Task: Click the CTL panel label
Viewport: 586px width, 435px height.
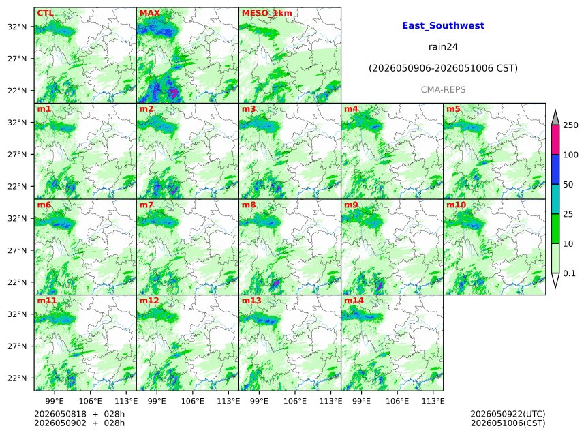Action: (x=45, y=13)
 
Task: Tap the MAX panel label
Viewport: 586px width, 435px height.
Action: (x=149, y=13)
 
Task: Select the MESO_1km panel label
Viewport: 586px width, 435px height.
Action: (x=267, y=13)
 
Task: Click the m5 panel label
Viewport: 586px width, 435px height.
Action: (x=453, y=109)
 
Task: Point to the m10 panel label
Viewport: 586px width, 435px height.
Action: (x=456, y=205)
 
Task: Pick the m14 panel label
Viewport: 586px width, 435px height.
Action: (x=354, y=301)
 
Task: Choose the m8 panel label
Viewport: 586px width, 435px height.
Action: (x=249, y=205)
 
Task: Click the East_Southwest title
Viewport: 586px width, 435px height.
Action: (x=443, y=25)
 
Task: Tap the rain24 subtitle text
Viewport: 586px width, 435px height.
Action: (x=443, y=47)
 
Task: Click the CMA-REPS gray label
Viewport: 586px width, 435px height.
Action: (x=443, y=90)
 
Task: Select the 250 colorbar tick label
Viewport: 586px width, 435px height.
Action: (x=571, y=125)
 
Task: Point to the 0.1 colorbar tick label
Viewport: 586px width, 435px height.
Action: (x=569, y=273)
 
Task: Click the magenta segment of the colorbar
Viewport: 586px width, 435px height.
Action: (x=555, y=140)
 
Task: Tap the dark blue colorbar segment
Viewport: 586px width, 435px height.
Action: (x=555, y=170)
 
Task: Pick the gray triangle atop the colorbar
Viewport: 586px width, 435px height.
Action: (x=555, y=118)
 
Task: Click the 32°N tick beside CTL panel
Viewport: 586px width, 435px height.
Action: (x=17, y=27)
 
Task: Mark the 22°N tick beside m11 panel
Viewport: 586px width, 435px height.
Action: (x=17, y=378)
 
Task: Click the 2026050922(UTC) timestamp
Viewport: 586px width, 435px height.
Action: (x=508, y=414)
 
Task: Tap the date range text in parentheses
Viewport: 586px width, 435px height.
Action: (x=443, y=68)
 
